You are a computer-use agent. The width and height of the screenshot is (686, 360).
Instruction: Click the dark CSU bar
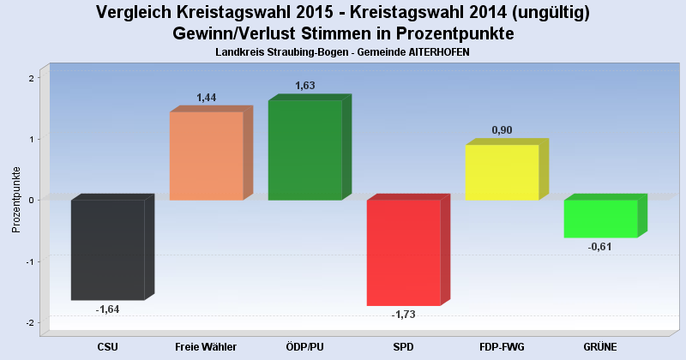pos(107,249)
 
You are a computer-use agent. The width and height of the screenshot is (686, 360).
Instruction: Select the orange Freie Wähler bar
pos(206,156)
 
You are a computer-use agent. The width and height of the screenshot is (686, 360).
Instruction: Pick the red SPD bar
pos(403,252)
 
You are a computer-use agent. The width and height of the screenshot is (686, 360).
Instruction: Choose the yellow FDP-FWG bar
pos(502,172)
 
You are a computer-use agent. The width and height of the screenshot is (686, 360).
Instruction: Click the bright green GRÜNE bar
pos(600,219)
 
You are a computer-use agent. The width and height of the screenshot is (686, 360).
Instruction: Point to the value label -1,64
pos(107,309)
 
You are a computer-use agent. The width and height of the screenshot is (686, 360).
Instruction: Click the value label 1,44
pos(207,98)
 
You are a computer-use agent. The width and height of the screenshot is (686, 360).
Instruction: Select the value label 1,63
pos(305,86)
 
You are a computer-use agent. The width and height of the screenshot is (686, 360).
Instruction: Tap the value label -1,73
pos(403,315)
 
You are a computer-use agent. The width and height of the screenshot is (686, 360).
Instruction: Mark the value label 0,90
pos(502,130)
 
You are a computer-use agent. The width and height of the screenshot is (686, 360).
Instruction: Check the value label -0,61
pos(600,247)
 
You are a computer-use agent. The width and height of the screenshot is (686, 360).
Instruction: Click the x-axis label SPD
pos(403,346)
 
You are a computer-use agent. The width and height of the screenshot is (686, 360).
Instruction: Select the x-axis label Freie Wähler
pos(206,346)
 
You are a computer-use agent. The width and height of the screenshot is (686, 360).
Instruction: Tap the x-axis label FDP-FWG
pos(502,346)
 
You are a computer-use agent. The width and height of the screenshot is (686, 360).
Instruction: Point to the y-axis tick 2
pos(31,78)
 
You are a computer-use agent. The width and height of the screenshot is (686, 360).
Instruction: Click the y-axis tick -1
pos(29,261)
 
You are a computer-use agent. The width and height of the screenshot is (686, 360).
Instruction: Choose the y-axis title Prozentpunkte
pos(15,200)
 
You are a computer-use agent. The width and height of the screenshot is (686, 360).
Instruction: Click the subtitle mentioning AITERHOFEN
pos(343,52)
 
